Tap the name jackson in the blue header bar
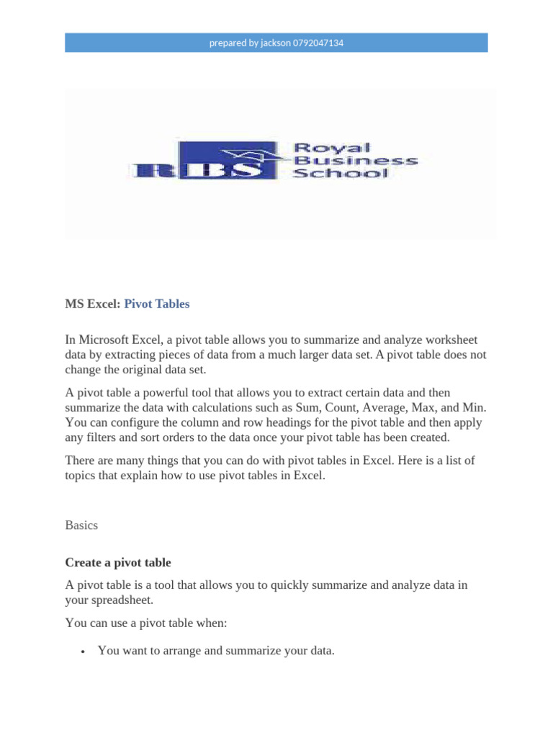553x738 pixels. pyautogui.click(x=275, y=43)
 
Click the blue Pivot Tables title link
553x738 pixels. pyautogui.click(x=157, y=304)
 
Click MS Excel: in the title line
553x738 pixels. pyautogui.click(x=93, y=304)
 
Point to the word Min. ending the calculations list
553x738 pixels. pyautogui.click(x=475, y=408)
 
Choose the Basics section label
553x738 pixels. pyautogui.click(x=81, y=525)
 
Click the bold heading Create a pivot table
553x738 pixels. pyautogui.click(x=118, y=562)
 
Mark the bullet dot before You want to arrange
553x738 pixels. pyautogui.click(x=84, y=652)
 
